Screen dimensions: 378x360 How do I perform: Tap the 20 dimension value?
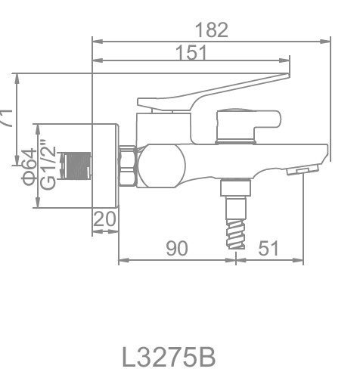(x=104, y=220)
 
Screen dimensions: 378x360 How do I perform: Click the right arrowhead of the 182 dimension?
(x=327, y=39)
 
